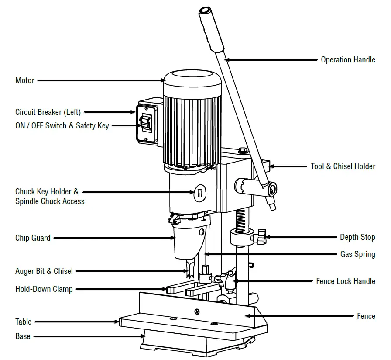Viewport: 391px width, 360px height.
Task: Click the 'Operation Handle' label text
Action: tap(348, 60)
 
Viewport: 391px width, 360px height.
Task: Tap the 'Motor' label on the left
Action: tap(25, 80)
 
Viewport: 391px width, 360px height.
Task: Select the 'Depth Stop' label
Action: tap(357, 237)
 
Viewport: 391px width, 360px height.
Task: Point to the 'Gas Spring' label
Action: tap(357, 254)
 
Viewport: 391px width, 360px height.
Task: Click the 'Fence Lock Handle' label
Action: tap(346, 281)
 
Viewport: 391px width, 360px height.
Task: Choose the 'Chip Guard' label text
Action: tap(33, 238)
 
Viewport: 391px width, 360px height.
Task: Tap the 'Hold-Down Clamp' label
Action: tap(44, 289)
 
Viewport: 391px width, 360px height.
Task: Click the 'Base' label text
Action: tap(23, 336)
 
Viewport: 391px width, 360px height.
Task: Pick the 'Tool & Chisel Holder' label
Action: tap(343, 166)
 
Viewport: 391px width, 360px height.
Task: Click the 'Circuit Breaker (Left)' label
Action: tap(48, 112)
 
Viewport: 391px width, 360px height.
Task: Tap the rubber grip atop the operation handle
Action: tap(209, 28)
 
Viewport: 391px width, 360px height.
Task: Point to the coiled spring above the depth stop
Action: tap(240, 220)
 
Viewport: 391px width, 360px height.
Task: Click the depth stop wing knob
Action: tap(261, 236)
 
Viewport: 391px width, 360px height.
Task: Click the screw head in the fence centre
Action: tap(197, 312)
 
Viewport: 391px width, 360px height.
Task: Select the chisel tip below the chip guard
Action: tap(191, 271)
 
